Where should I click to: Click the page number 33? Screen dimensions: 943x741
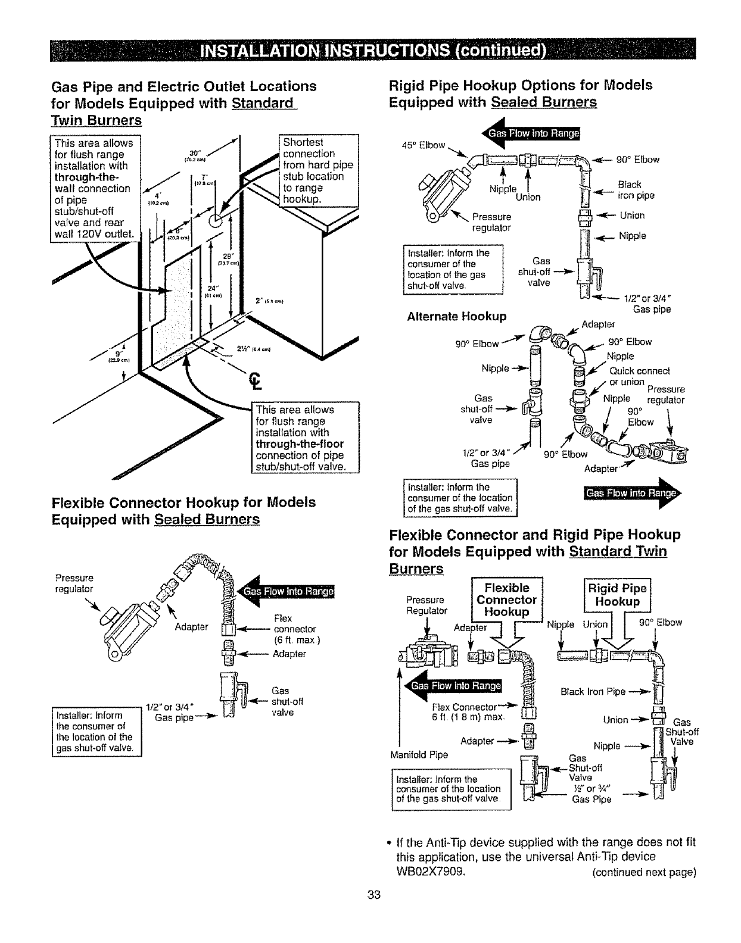[373, 895]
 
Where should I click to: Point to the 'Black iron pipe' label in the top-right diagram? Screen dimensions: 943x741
[636, 190]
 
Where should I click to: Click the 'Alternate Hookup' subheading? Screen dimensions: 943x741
[456, 316]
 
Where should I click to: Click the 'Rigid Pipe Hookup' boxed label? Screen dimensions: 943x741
[617, 595]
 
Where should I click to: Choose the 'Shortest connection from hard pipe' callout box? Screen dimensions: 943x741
[318, 171]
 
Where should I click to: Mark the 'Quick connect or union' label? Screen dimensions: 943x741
[636, 376]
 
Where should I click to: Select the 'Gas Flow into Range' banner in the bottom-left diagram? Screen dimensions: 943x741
[287, 591]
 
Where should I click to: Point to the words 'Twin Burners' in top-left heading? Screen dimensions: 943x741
[98, 120]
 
